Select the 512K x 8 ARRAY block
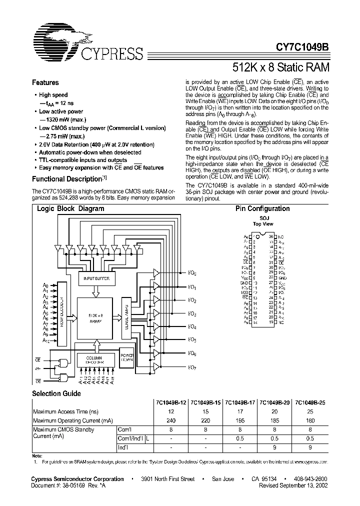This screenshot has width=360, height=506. [95, 317]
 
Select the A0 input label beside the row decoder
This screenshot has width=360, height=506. [46, 285]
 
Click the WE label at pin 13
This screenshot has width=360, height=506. [245, 298]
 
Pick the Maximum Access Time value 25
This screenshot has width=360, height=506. [309, 411]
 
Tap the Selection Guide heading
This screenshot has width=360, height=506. [56, 393]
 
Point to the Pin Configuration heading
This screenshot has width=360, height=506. [262, 209]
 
